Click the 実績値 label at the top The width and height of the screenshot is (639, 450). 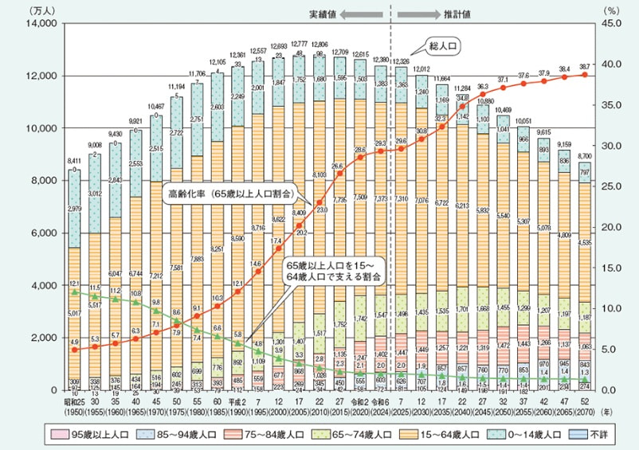point(324,14)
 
